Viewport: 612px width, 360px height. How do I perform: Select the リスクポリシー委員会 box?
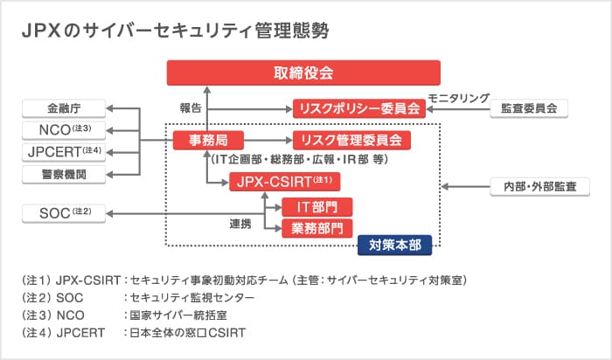pos(359,108)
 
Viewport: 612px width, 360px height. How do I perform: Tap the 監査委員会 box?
pos(529,108)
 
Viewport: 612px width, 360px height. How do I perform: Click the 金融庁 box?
pos(66,108)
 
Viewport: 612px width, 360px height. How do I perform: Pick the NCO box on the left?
pos(66,131)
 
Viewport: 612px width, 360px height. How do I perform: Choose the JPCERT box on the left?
pos(66,153)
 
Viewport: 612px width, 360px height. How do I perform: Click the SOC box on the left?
pos(66,212)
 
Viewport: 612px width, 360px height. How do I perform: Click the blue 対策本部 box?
pos(395,246)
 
